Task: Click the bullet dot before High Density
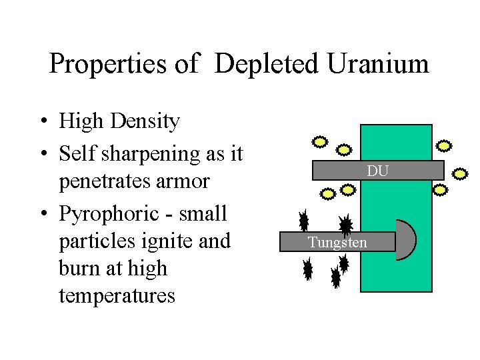[x=42, y=122]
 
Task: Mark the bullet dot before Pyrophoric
[x=42, y=215]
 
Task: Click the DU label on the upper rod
[x=377, y=171]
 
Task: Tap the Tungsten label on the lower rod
[x=337, y=242]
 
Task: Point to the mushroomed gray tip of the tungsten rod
[x=406, y=240]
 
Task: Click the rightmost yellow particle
[x=460, y=175]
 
